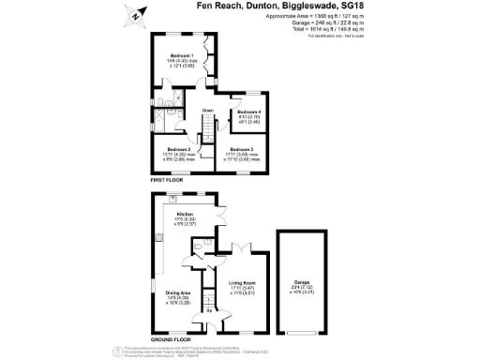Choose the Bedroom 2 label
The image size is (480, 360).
177,149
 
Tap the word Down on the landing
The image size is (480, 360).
208,112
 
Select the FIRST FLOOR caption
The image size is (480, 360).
166,178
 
